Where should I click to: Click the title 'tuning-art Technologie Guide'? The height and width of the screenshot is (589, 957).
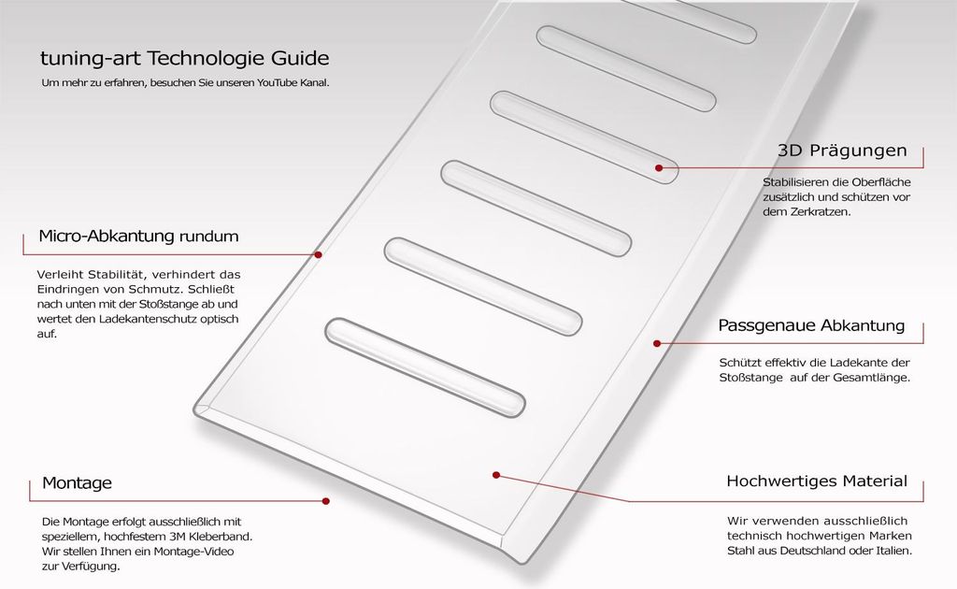[185, 59]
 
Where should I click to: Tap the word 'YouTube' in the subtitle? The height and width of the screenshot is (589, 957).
[277, 82]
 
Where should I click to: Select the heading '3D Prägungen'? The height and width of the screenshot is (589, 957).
[842, 151]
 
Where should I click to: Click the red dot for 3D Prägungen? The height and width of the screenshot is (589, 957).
[659, 168]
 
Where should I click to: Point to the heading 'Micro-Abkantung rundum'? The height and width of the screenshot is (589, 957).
[138, 237]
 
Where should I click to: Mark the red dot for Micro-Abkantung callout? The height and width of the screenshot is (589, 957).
[318, 254]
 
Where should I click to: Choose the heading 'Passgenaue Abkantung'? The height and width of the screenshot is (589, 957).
[811, 325]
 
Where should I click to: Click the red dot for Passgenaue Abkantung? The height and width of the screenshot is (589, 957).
[657, 344]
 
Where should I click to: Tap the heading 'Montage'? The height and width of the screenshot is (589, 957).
[77, 482]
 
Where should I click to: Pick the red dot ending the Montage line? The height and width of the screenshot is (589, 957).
[326, 501]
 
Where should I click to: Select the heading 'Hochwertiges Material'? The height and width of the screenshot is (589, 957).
[817, 481]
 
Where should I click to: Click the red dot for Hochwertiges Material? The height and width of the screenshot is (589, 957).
[496, 475]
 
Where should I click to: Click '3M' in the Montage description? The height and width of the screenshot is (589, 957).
[177, 537]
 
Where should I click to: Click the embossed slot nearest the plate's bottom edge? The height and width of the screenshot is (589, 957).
[425, 367]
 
